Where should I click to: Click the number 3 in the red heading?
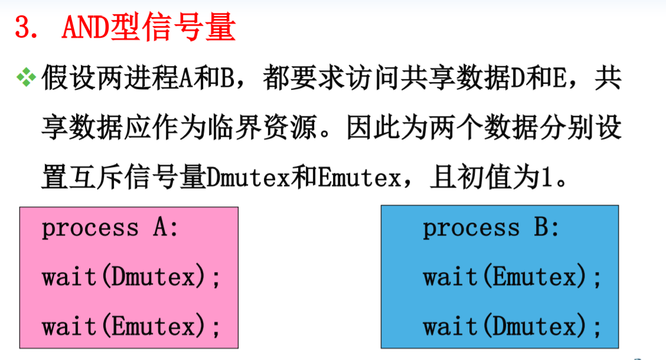(22, 28)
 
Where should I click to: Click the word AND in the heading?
(82, 28)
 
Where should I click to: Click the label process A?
(110, 228)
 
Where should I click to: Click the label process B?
(491, 228)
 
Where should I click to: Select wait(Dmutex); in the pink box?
(131, 276)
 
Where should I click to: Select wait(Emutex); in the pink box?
(131, 326)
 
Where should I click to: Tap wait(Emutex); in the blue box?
(512, 276)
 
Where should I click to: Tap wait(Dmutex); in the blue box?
(512, 326)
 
